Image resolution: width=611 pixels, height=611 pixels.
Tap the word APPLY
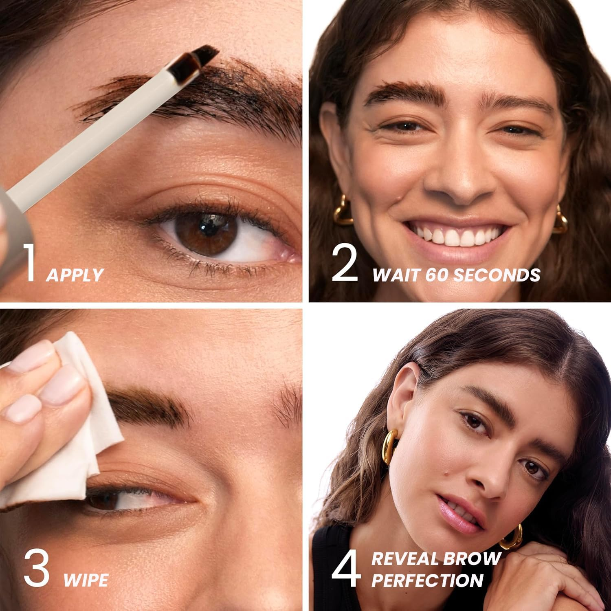pos(75,275)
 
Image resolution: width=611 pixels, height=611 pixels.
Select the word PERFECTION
pos(427,580)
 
